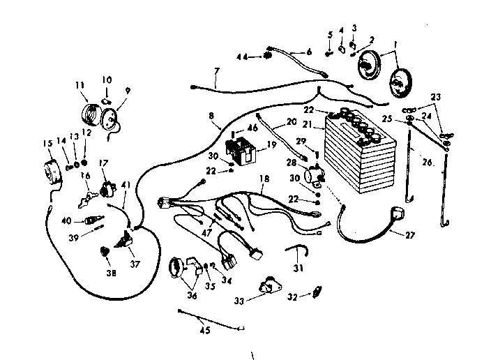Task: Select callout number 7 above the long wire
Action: point(216,71)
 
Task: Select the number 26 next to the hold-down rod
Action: point(426,163)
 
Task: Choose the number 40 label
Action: point(66,221)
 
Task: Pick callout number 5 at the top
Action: point(330,35)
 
